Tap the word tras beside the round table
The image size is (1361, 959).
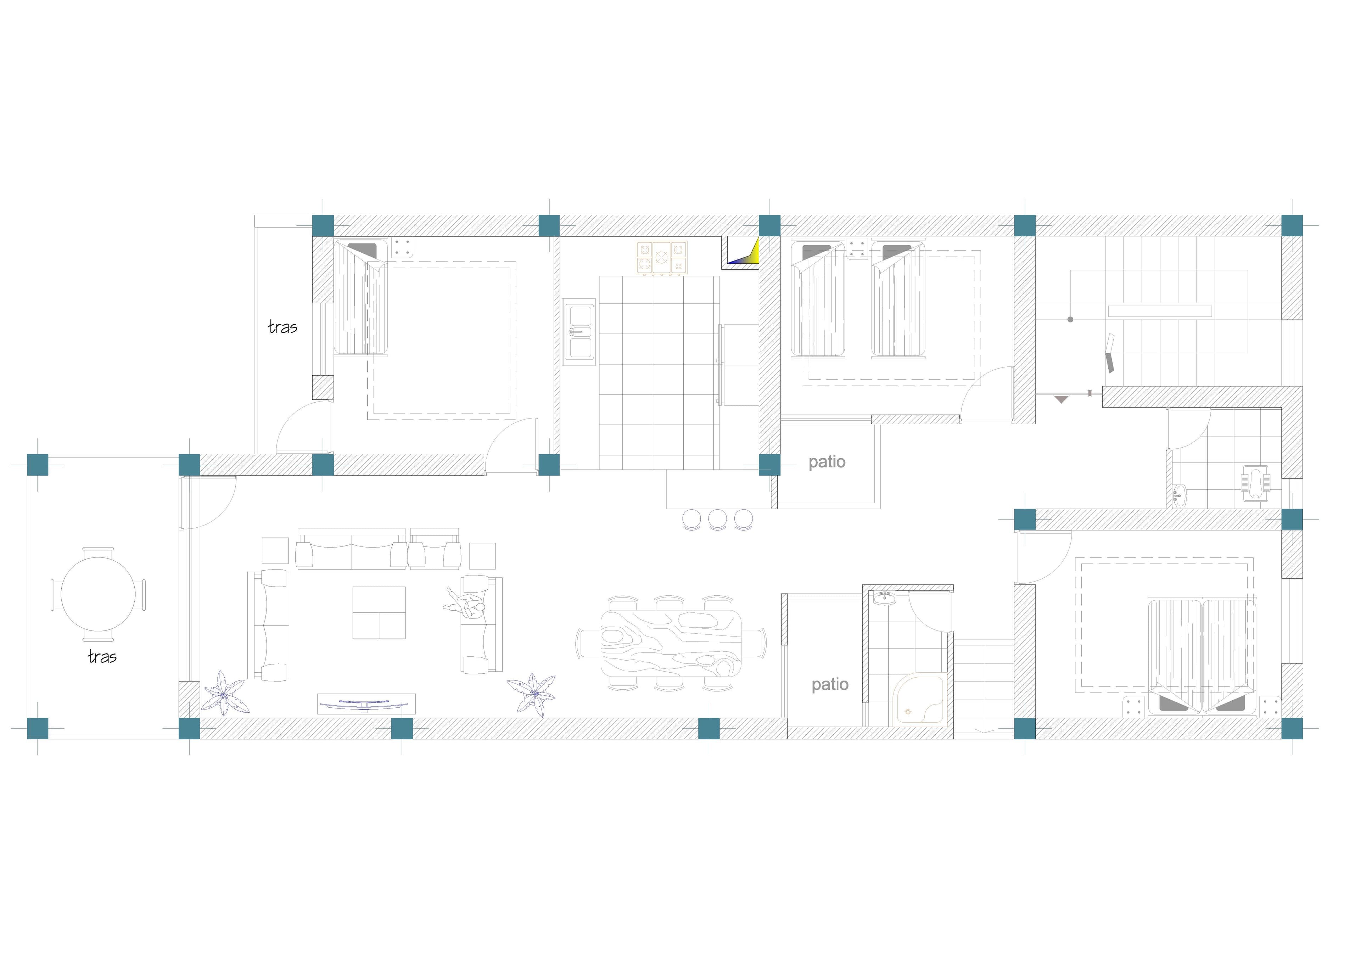tap(102, 657)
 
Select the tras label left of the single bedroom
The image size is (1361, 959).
tap(283, 327)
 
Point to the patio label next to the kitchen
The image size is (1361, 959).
tap(827, 462)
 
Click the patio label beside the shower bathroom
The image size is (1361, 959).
tap(830, 685)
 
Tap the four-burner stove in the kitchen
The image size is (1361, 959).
tap(661, 257)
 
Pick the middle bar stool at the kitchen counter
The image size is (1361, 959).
tap(717, 519)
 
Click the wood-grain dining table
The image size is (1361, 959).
tap(671, 643)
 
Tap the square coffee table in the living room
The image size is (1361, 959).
tap(379, 612)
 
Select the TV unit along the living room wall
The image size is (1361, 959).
tap(366, 704)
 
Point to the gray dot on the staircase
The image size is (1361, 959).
tap(1070, 319)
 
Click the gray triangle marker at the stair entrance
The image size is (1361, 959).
tap(1061, 399)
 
